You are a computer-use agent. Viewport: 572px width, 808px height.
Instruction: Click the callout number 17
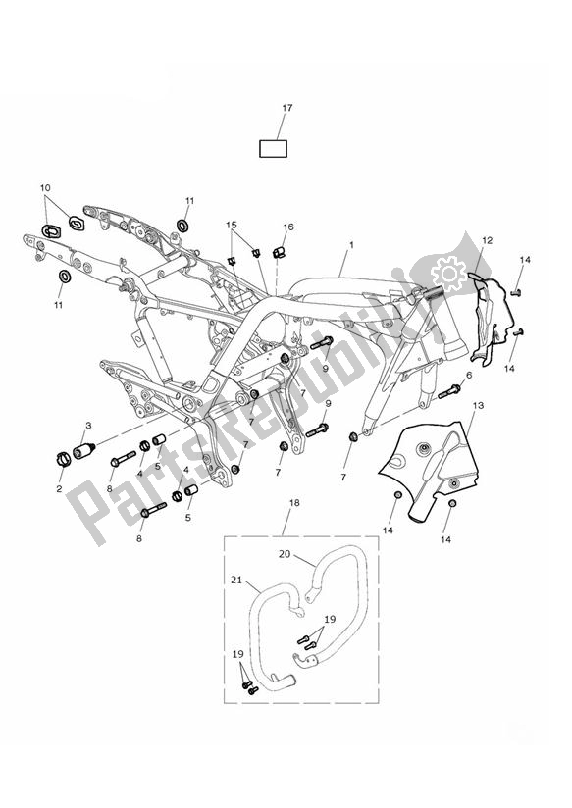(287, 108)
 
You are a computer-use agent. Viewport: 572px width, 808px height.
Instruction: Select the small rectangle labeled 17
(273, 149)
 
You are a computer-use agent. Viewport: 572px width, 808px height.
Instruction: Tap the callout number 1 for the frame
(351, 245)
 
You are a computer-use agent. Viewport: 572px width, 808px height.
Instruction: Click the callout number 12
(488, 240)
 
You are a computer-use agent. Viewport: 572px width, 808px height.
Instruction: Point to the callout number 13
(478, 406)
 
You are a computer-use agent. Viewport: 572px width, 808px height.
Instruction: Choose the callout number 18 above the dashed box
(294, 502)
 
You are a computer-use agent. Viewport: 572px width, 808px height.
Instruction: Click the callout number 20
(285, 554)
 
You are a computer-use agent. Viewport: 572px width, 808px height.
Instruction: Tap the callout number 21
(236, 580)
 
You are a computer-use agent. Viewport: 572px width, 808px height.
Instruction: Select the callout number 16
(288, 227)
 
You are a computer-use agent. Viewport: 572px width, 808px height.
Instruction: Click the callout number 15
(232, 225)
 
